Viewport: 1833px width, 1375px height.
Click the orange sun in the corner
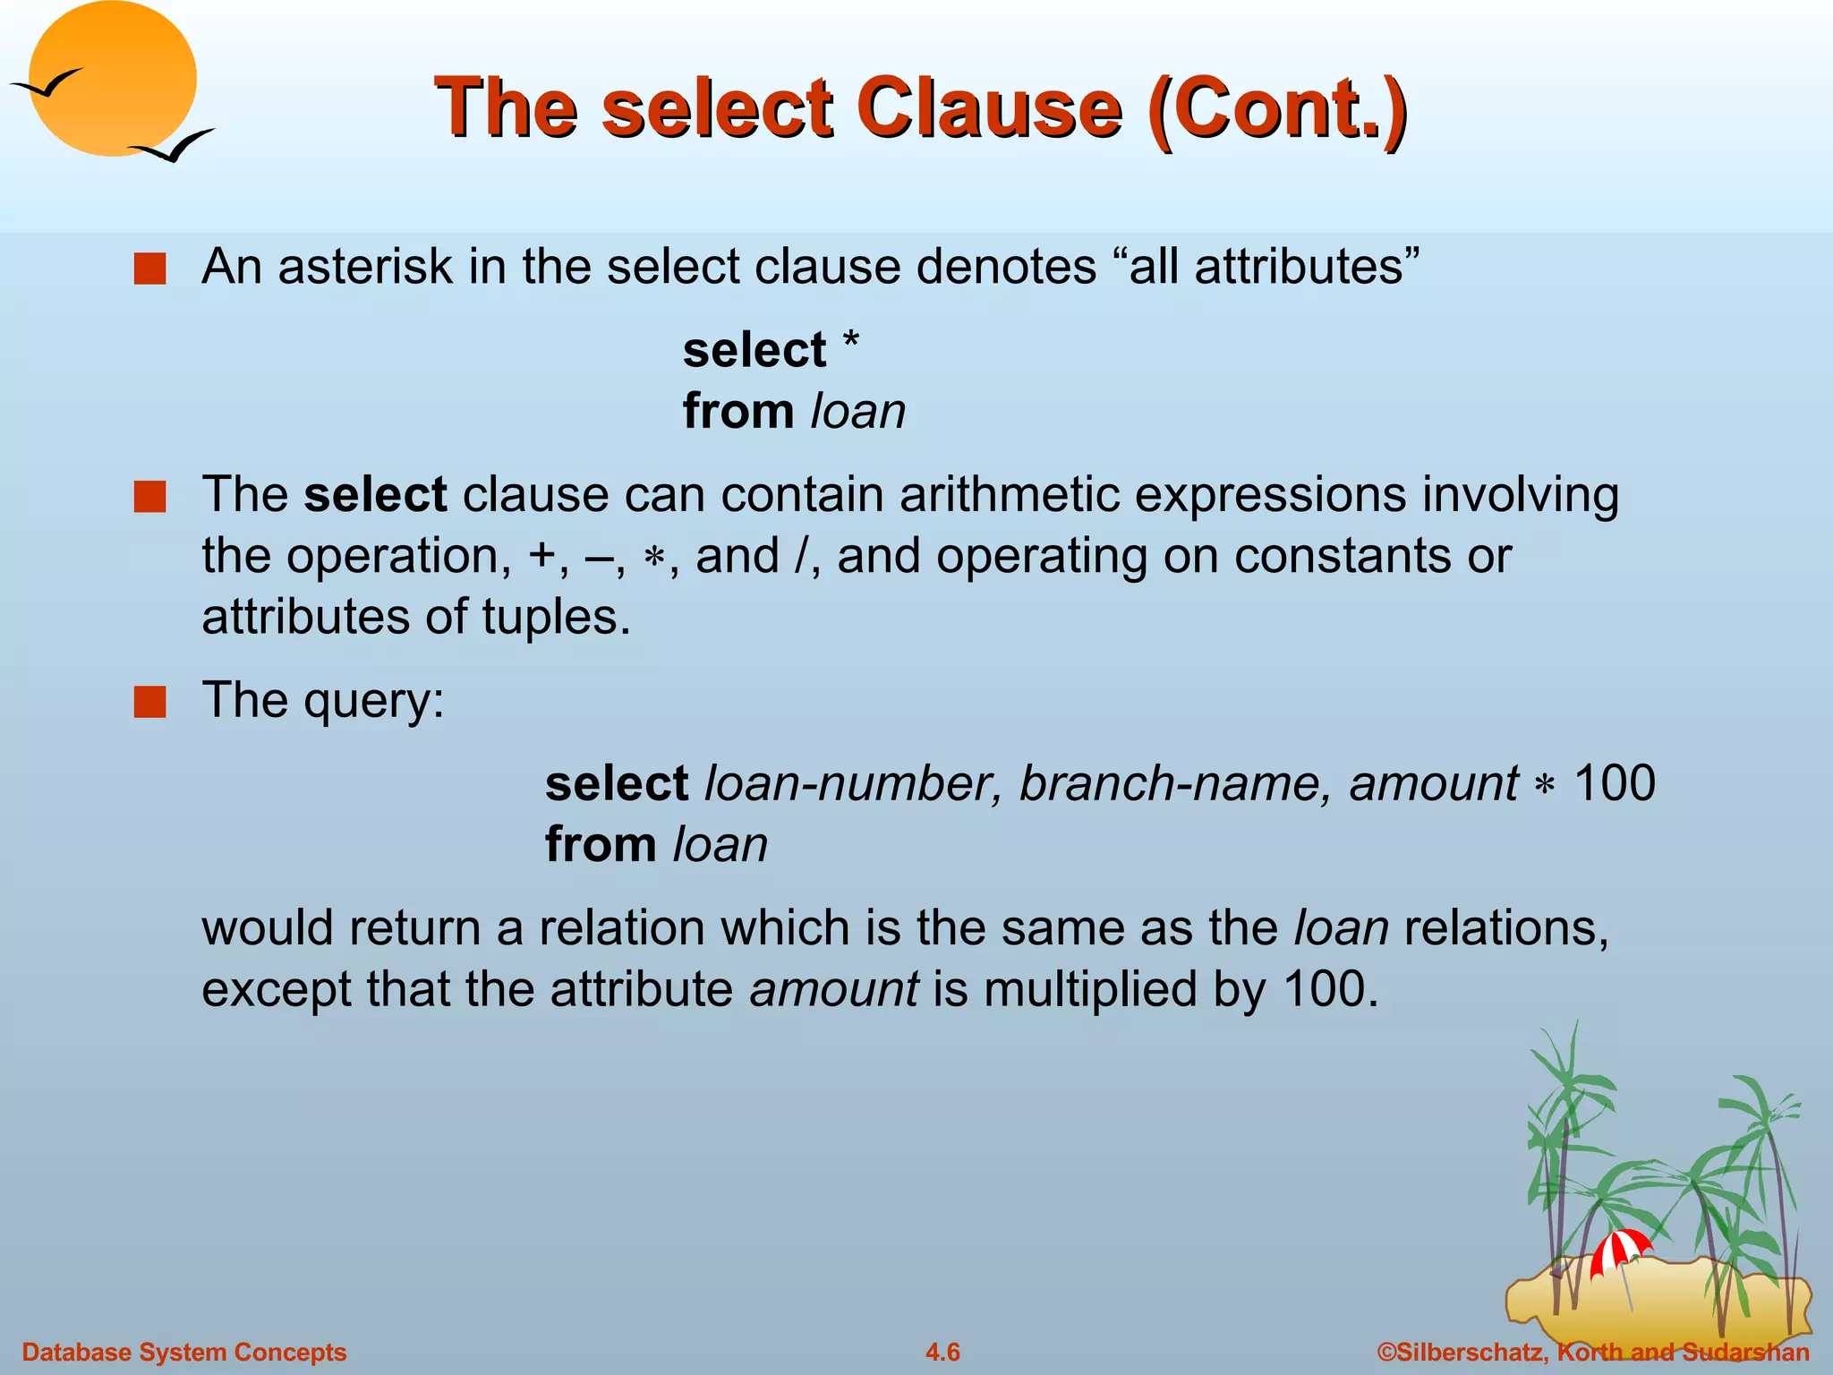(112, 79)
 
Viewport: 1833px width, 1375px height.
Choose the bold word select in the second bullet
(375, 494)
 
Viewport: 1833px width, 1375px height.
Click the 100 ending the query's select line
(1615, 783)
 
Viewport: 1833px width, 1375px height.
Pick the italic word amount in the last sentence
(833, 989)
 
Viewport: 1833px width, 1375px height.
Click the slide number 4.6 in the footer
(942, 1352)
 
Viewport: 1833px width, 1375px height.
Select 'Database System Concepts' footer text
(183, 1352)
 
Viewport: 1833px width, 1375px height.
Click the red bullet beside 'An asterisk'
(149, 269)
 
